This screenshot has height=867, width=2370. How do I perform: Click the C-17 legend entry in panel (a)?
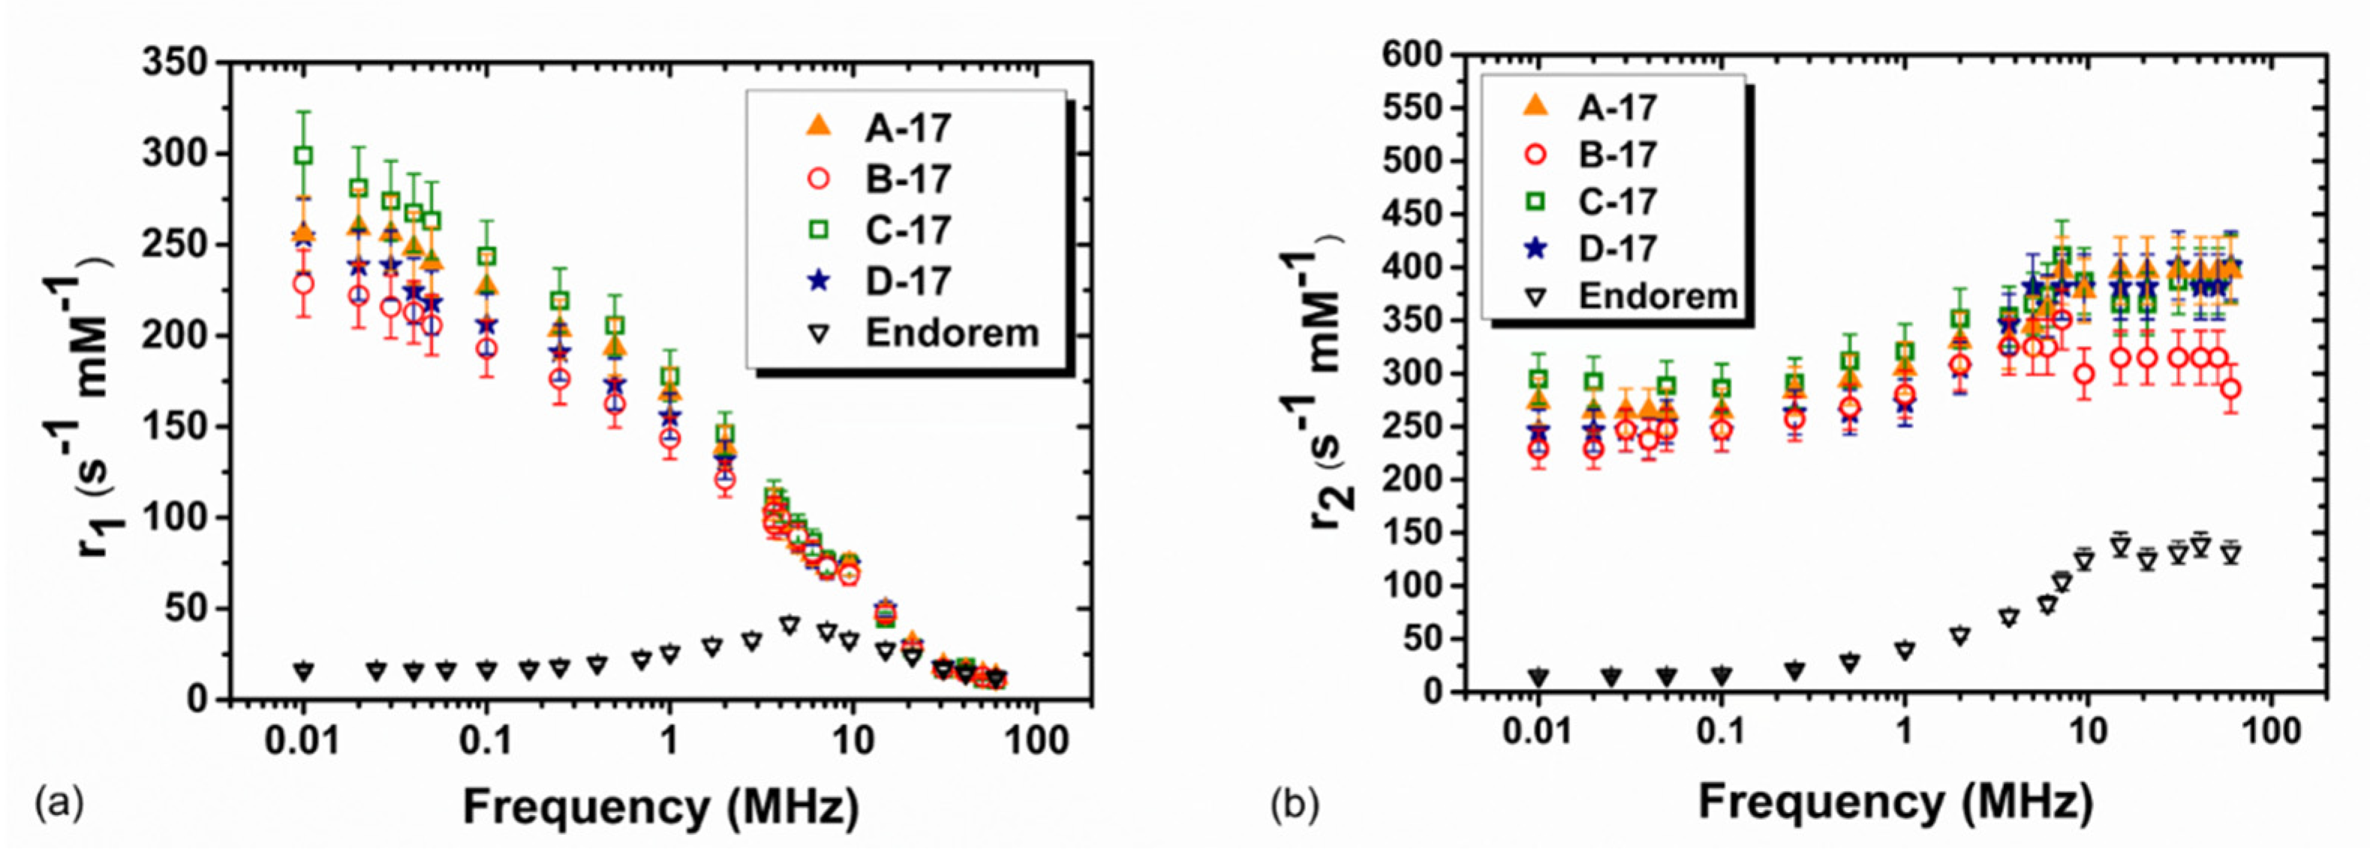tap(907, 230)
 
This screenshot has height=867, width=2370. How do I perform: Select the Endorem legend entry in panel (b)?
tap(1656, 297)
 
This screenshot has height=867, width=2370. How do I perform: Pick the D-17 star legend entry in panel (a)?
tap(907, 281)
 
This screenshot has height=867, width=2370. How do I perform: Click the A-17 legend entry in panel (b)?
tap(1617, 107)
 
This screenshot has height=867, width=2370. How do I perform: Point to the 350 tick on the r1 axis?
tap(178, 62)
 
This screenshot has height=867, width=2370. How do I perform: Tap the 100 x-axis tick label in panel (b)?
tap(2272, 733)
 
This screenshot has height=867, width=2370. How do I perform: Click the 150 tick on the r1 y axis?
tap(178, 427)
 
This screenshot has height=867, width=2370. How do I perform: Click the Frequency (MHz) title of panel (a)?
tap(660, 808)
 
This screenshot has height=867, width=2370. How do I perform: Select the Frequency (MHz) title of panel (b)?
tap(1895, 802)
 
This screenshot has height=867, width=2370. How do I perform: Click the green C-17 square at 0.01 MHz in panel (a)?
tap(304, 155)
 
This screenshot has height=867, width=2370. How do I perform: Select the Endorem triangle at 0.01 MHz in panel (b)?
tap(1538, 677)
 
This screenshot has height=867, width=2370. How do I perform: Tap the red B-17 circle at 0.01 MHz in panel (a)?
tap(304, 284)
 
